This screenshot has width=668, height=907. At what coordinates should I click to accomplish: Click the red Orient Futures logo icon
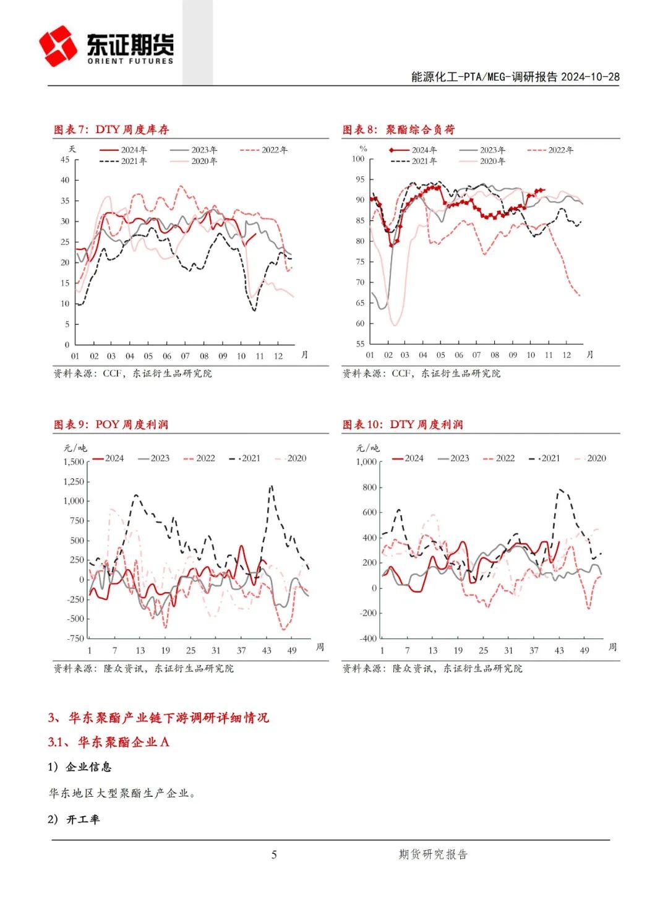tap(58, 46)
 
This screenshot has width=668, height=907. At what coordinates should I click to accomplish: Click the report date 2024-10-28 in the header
tap(590, 77)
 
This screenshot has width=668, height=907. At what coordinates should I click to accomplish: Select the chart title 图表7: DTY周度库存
tap(111, 129)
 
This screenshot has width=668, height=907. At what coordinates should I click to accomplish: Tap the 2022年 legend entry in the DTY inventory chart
tap(263, 150)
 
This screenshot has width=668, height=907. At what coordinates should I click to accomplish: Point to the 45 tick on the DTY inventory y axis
tap(65, 160)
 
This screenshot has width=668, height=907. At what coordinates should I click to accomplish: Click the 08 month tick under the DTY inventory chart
tap(204, 356)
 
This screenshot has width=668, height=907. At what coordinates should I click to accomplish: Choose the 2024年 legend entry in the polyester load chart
tap(413, 150)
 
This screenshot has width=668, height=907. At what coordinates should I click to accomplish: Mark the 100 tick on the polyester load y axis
tap(358, 159)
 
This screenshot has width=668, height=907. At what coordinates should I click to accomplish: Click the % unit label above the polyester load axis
tap(363, 148)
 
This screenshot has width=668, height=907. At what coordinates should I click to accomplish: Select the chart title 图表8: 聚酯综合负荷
tap(399, 129)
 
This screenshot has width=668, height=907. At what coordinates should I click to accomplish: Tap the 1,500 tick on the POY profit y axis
tap(74, 462)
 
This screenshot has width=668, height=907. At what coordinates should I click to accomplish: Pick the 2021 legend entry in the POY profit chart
tap(245, 458)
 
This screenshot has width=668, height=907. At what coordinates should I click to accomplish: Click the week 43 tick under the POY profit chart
tap(267, 651)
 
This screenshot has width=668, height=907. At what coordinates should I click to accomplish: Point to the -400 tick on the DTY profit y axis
tap(368, 638)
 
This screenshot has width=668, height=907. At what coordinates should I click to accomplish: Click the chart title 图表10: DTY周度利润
tap(403, 424)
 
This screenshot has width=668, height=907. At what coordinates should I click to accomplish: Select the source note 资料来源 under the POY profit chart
tap(143, 669)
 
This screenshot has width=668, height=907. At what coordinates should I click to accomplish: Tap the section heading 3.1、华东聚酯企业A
tap(108, 742)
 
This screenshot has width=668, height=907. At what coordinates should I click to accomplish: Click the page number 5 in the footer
tap(274, 854)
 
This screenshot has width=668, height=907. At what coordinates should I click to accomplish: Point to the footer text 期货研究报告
tap(433, 854)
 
